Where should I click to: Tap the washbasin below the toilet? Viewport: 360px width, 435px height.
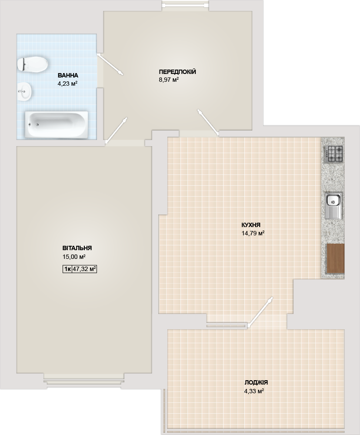(x=25, y=90)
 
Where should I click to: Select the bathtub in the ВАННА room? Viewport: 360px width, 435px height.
(x=56, y=124)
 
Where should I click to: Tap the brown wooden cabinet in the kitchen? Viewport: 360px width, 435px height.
(x=335, y=258)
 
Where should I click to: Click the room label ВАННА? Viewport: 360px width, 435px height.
(x=68, y=75)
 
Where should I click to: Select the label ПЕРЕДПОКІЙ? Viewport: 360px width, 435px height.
(x=177, y=72)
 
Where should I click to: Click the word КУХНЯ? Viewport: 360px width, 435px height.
(x=251, y=225)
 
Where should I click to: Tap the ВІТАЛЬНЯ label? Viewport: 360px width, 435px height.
(x=77, y=248)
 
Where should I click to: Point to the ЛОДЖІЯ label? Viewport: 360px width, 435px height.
(x=256, y=382)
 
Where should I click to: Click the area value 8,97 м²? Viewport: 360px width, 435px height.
(x=168, y=80)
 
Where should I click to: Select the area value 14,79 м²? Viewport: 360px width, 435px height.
(x=253, y=233)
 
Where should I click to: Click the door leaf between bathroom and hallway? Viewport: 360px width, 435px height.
(x=110, y=64)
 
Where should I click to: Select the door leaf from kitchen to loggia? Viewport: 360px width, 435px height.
(x=260, y=312)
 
